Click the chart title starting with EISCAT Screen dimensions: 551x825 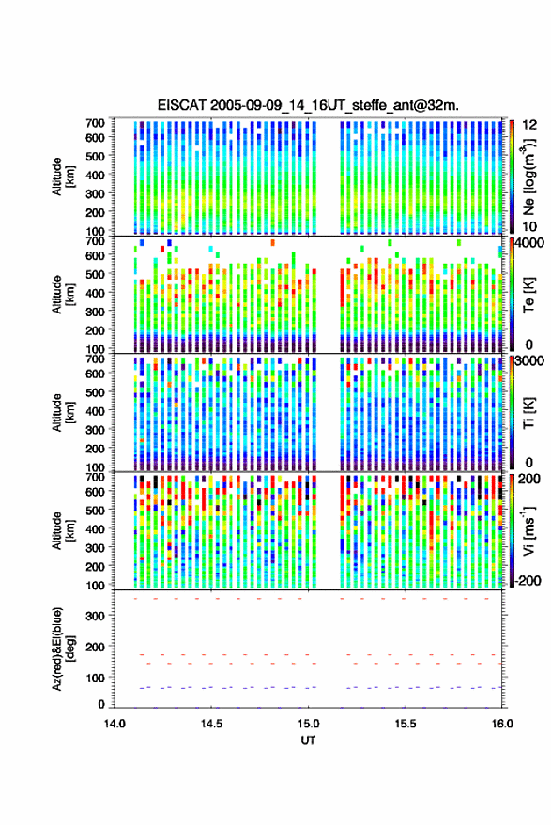click(308, 105)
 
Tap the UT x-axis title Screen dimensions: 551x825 click(308, 741)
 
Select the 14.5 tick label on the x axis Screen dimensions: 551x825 click(211, 724)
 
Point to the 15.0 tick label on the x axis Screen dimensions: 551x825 click(308, 724)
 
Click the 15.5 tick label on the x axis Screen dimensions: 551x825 click(405, 724)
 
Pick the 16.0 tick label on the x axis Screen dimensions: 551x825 click(501, 724)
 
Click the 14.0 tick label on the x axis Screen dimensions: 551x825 click(115, 724)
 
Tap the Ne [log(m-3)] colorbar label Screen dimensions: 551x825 click(528, 176)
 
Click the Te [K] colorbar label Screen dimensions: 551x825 click(528, 296)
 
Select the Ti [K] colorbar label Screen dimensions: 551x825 click(528, 413)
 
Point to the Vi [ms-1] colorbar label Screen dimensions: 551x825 click(528, 530)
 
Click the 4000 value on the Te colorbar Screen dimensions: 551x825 click(529, 244)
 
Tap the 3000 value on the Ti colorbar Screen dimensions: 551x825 click(529, 361)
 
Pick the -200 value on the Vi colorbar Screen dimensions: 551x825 click(527, 580)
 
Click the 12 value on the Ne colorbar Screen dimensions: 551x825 click(529, 125)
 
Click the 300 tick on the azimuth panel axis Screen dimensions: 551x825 click(95, 616)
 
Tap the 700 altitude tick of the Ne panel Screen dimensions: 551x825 click(95, 123)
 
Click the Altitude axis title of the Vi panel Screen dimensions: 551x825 click(63, 530)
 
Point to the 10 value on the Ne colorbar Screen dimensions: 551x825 click(529, 226)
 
